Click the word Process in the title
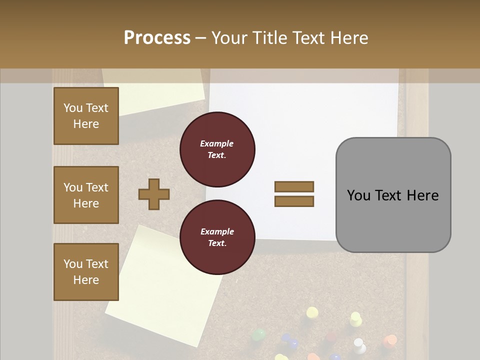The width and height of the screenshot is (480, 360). point(157,37)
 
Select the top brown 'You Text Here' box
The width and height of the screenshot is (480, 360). point(86,116)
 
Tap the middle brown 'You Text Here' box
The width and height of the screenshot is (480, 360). point(86,195)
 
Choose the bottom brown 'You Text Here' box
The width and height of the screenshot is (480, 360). point(86,272)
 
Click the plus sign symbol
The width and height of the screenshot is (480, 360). point(154,194)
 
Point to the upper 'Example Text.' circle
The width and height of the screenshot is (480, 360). point(217,149)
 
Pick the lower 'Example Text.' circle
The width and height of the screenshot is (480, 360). point(217,237)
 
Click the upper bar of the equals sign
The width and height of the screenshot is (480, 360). point(294,186)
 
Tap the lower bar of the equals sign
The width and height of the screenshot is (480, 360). point(294,201)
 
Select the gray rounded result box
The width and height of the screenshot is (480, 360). point(393,195)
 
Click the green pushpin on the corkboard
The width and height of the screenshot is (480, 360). point(258,334)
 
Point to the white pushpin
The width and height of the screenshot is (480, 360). point(358,344)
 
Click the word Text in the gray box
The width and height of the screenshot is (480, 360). point(392,195)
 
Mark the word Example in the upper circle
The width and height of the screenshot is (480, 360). point(216,143)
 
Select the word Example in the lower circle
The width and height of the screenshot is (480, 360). point(216,231)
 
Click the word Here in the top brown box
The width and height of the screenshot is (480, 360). point(86,124)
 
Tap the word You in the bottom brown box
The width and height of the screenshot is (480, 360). point(73,263)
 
